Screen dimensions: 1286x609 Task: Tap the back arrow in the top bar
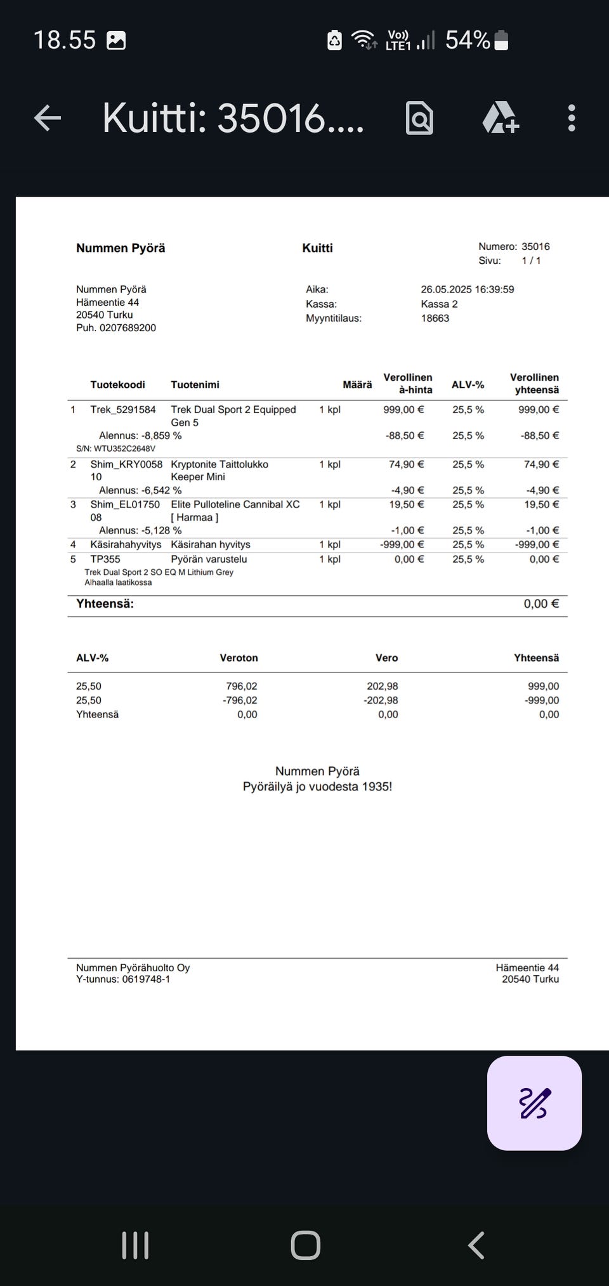pyautogui.click(x=48, y=118)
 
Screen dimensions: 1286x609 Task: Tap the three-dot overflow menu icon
pyautogui.click(x=572, y=118)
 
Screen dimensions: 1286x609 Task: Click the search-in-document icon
pyautogui.click(x=419, y=118)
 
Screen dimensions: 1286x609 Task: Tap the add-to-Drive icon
pyautogui.click(x=501, y=118)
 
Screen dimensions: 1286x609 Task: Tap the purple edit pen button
pyautogui.click(x=534, y=1103)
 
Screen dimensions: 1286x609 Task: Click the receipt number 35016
pyautogui.click(x=535, y=246)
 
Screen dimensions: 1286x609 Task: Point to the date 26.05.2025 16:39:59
pyautogui.click(x=467, y=289)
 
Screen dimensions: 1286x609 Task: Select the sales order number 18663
pyautogui.click(x=435, y=318)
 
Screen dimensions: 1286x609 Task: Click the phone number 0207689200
pyautogui.click(x=128, y=328)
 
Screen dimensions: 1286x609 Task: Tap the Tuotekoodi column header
pyautogui.click(x=117, y=384)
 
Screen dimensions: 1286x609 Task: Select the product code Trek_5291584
pyautogui.click(x=123, y=410)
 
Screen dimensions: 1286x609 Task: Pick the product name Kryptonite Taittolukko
pyautogui.click(x=219, y=464)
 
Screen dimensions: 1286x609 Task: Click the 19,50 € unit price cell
pyautogui.click(x=406, y=504)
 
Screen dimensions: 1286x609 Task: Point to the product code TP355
pyautogui.click(x=105, y=559)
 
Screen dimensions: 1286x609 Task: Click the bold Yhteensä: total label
pyautogui.click(x=105, y=604)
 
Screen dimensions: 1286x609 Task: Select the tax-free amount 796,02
pyautogui.click(x=242, y=686)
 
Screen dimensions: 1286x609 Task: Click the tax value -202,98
pyautogui.click(x=381, y=700)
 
